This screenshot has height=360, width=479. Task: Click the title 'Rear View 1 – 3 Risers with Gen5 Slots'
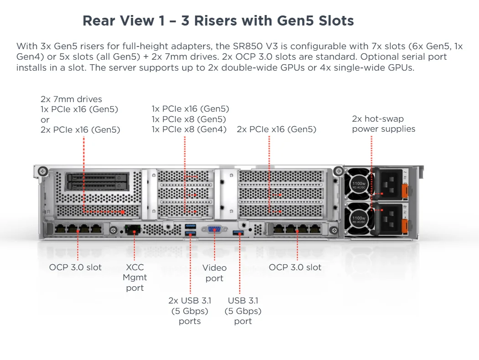[218, 21]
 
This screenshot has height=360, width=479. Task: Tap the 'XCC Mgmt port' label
[135, 278]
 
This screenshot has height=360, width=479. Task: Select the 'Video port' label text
[214, 273]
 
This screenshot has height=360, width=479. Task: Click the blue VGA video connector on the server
[214, 230]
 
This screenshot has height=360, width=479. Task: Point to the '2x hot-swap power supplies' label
[383, 124]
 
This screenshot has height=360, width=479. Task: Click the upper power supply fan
[359, 183]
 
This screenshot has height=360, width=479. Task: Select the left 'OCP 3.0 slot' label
[75, 267]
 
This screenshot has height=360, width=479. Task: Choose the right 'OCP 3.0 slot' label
[295, 267]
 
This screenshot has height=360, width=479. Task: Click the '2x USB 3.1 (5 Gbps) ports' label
[190, 311]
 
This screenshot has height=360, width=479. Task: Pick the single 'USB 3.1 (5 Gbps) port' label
[243, 311]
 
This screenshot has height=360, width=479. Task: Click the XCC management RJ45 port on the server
[133, 229]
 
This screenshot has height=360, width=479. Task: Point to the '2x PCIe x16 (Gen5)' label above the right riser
[276, 129]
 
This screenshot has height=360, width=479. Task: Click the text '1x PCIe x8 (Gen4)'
[189, 129]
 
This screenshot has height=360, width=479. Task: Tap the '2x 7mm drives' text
[71, 99]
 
